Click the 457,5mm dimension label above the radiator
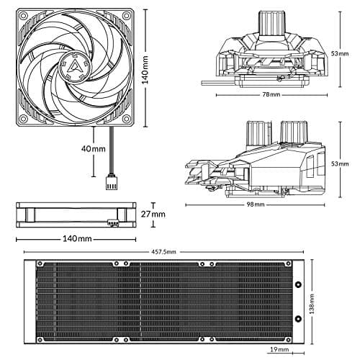pos(165,252)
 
